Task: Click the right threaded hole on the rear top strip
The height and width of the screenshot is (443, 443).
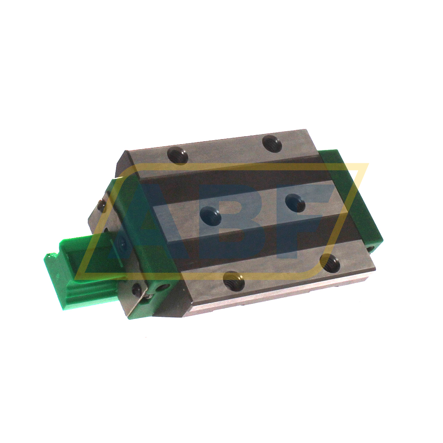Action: pyautogui.click(x=272, y=143)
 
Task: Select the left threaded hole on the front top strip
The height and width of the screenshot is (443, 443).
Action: pyautogui.click(x=234, y=280)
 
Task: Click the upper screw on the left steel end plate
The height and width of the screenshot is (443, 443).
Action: pyautogui.click(x=102, y=206)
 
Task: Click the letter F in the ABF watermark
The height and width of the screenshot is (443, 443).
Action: pyautogui.click(x=307, y=217)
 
